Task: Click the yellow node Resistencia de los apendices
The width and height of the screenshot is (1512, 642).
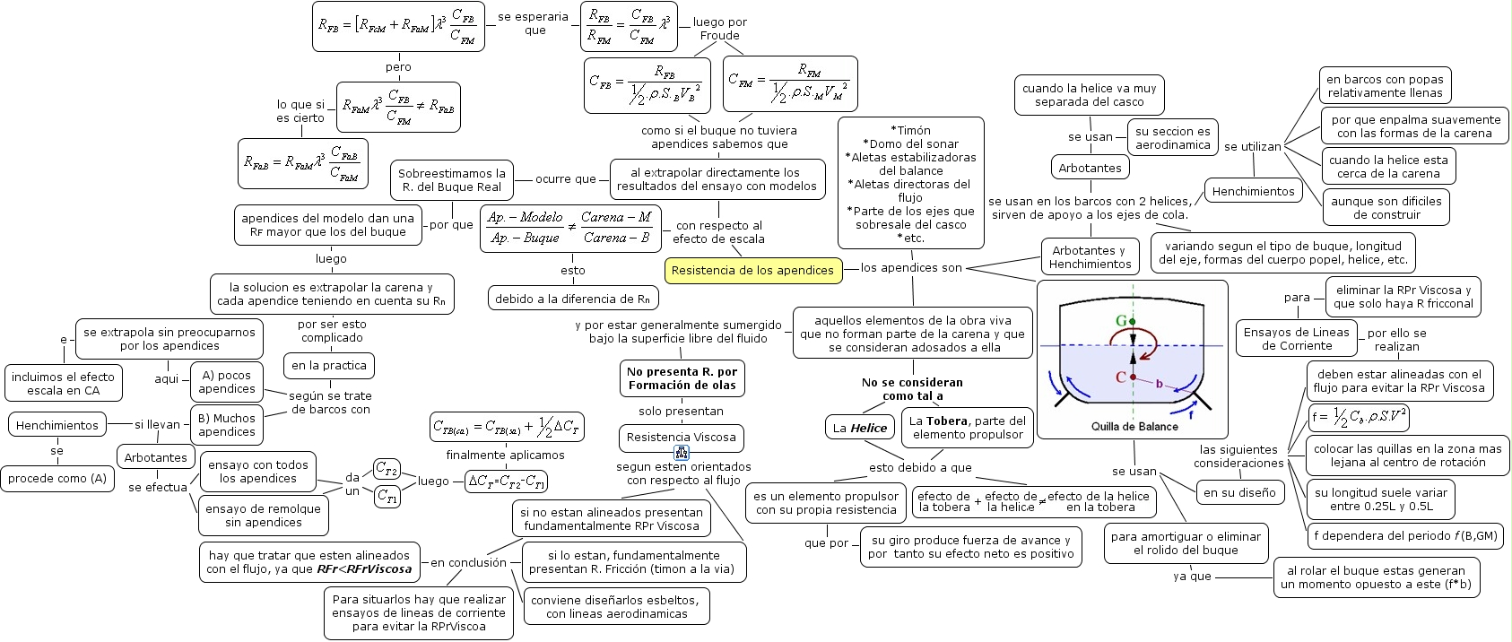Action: (x=752, y=270)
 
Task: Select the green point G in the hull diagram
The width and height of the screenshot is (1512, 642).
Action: (x=1133, y=321)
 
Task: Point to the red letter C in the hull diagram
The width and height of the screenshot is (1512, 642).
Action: (x=1120, y=377)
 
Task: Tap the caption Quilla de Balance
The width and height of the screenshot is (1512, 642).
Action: (x=1134, y=426)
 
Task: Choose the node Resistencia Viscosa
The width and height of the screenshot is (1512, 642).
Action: (x=681, y=438)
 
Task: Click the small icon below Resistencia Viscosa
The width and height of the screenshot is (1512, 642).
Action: (x=682, y=454)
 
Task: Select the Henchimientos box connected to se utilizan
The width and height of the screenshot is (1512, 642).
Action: (x=1253, y=191)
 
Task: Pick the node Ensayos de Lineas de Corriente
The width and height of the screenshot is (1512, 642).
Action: (x=1296, y=338)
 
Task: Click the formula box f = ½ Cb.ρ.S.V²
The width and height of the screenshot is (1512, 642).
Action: (x=1359, y=417)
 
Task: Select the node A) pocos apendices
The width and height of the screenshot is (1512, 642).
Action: (x=227, y=382)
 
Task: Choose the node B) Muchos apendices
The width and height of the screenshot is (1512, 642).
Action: (x=227, y=424)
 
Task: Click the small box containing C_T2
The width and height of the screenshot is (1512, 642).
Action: (x=387, y=469)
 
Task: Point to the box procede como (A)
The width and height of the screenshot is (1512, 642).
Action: (x=57, y=478)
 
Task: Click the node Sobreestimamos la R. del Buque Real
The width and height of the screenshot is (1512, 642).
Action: (x=452, y=180)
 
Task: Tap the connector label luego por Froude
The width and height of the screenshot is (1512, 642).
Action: (x=719, y=29)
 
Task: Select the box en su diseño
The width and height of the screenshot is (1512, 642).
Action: (x=1240, y=492)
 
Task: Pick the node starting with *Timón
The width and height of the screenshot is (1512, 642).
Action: (x=910, y=184)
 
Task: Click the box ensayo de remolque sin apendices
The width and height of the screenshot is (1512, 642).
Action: (x=263, y=515)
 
